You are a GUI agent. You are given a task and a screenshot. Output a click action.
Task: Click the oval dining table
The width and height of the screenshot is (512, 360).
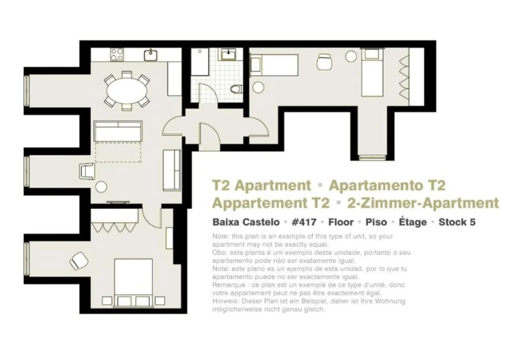point(127,90)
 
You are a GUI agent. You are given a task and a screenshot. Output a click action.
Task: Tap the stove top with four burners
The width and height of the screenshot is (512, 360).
point(117,54)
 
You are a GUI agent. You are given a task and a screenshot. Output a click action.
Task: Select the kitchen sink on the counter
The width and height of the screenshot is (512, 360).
point(150,55)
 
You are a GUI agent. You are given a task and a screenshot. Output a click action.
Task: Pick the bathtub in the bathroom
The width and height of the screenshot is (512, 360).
point(199,62)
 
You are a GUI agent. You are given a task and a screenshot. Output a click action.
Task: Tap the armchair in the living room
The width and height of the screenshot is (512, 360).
point(88,171)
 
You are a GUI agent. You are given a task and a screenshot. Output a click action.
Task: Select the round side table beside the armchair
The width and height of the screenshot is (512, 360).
point(101,187)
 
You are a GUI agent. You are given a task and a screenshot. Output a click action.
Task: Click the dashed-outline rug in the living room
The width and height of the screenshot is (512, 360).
point(118,152)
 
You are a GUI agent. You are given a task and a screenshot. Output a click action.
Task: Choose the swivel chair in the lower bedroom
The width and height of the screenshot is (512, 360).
point(79,261)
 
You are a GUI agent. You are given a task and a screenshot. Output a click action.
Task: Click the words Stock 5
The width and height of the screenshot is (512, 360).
point(457,222)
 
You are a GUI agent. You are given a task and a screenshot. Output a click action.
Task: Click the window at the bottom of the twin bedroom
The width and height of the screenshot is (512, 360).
point(372,158)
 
